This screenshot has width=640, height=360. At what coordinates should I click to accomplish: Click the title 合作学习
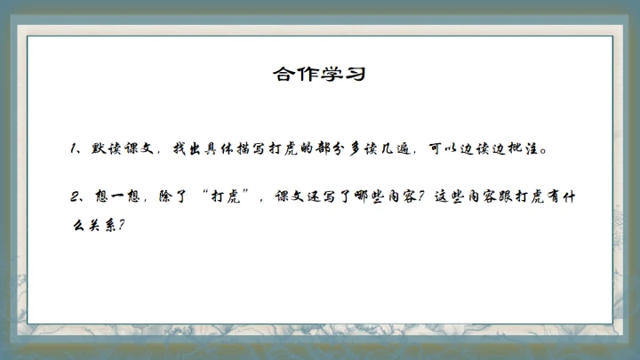point(319,74)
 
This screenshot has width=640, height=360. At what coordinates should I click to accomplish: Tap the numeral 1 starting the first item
point(76,148)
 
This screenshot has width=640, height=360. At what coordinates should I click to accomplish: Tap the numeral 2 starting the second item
point(76,196)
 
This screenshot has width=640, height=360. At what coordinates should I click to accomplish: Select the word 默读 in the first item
point(105,148)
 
